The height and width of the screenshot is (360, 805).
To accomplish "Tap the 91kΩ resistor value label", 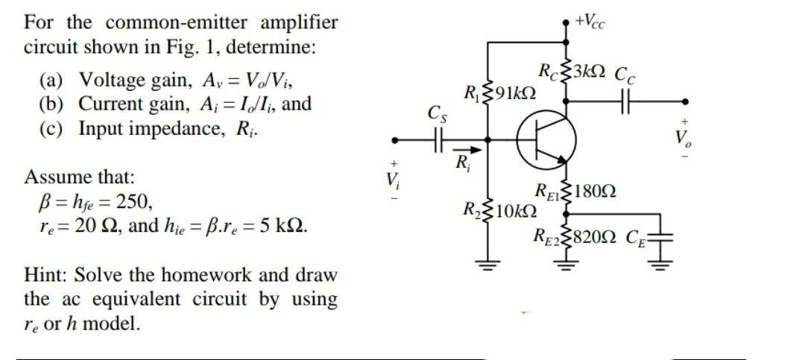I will (x=514, y=95).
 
